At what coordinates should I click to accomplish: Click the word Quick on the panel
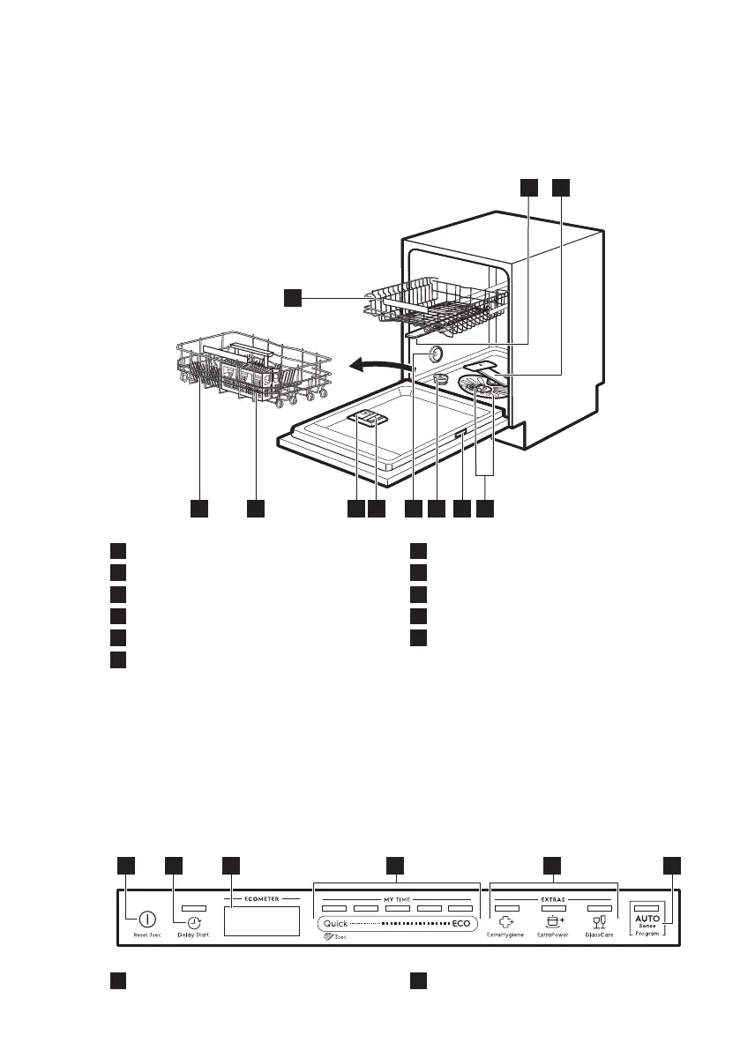pos(338,923)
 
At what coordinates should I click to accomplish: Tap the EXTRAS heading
pos(553,899)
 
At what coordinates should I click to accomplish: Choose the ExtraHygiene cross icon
pos(506,922)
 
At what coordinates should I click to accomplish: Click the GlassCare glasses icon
pos(600,922)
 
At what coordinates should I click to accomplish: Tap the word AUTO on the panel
pos(647,919)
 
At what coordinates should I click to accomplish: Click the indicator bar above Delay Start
pos(194,908)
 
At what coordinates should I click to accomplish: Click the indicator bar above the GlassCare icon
pos(600,907)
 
